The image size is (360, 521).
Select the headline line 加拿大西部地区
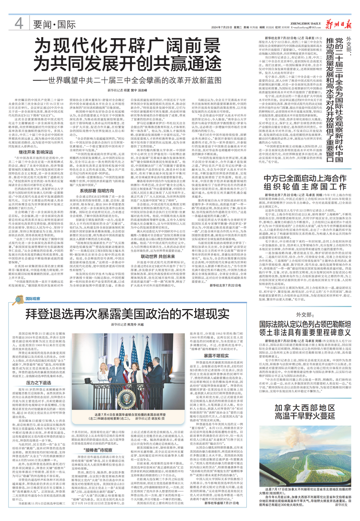pos(312,393)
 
